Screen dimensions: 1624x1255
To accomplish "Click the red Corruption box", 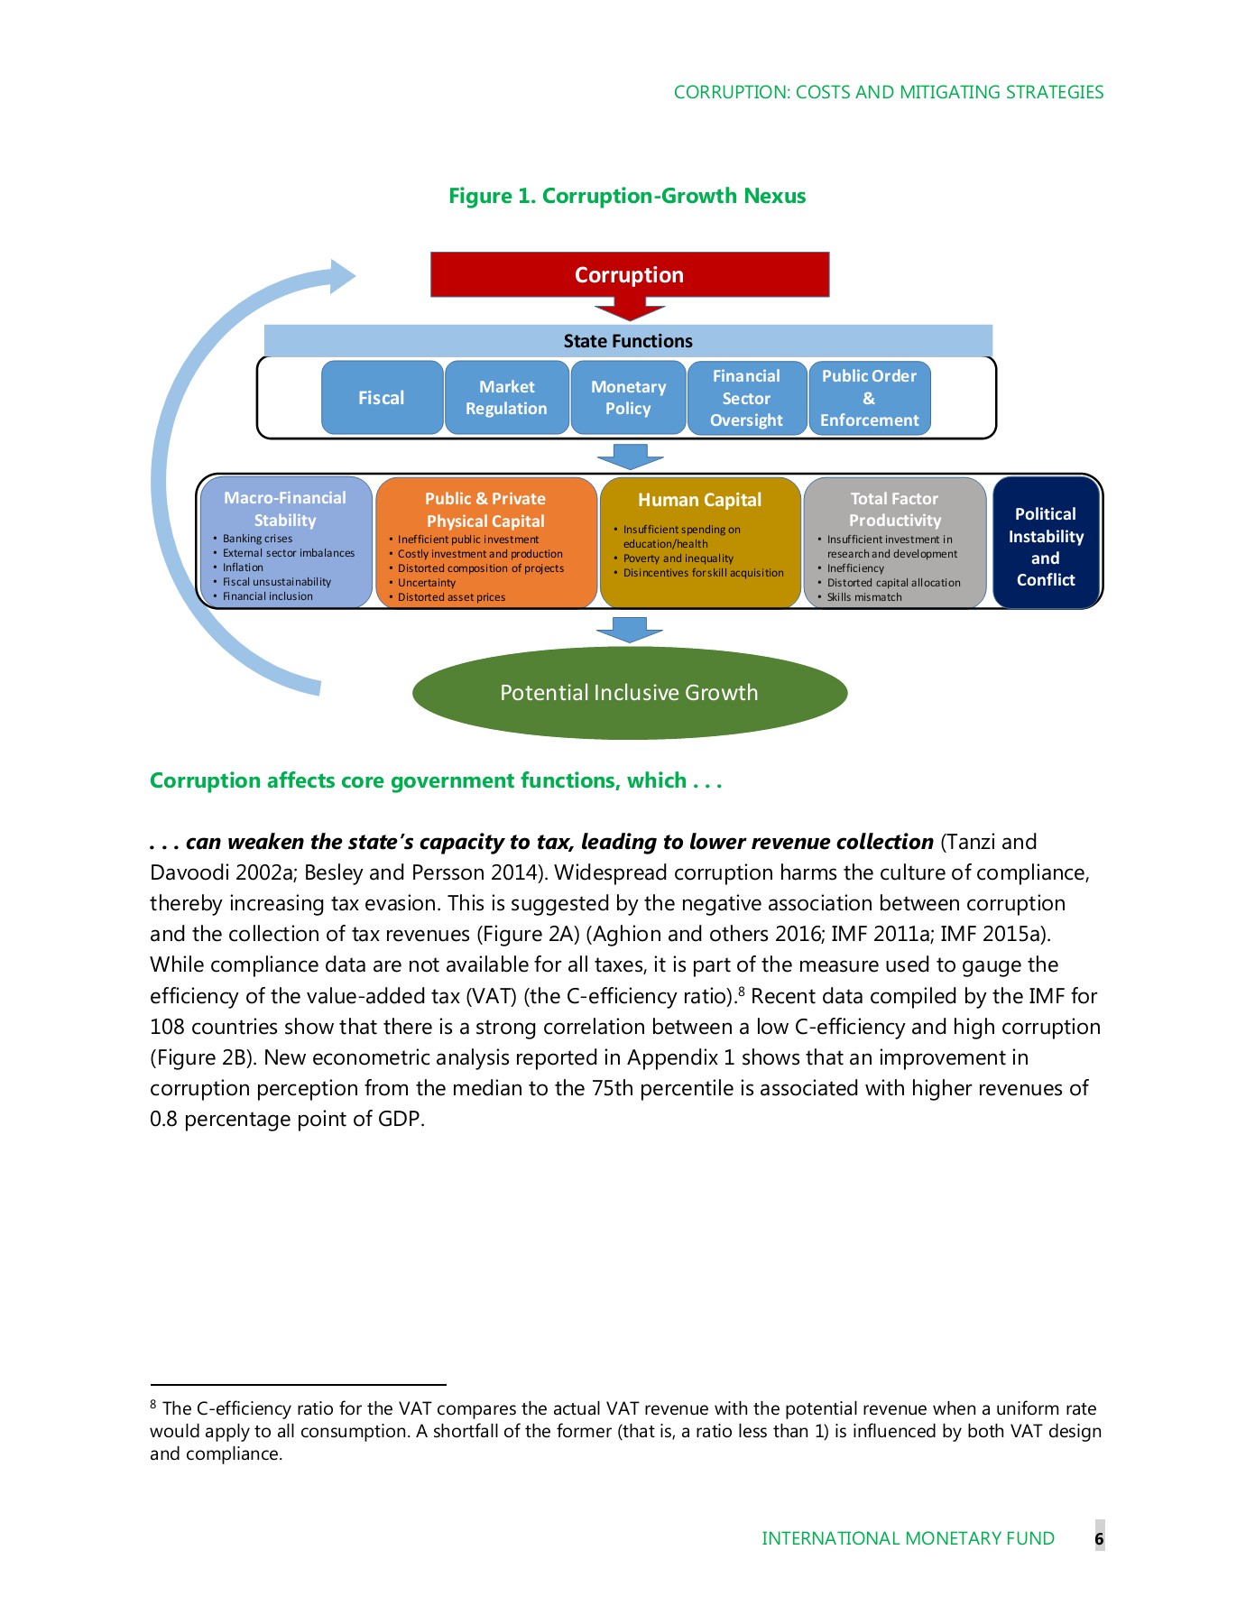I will [629, 274].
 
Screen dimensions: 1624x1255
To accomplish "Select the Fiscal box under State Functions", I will [382, 398].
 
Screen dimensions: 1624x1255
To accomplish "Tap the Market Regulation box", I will [506, 398].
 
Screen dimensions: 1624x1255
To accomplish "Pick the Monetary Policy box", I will [628, 398].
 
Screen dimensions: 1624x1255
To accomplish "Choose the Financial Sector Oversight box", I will [746, 398].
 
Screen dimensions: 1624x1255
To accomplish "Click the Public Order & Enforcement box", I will [869, 398].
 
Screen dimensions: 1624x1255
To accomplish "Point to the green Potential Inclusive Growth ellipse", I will [629, 693].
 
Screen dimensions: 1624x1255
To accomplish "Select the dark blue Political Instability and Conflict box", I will [1046, 546].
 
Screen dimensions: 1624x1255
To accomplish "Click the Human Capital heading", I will [699, 500].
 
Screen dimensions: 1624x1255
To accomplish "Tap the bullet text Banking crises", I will [257, 539].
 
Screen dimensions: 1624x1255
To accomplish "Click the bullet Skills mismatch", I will [863, 597].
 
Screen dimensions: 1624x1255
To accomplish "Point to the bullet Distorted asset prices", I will [451, 597].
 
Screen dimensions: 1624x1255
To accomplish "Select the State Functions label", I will [628, 341].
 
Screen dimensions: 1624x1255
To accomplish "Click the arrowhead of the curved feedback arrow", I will [342, 276].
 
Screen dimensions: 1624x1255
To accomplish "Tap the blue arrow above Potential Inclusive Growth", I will [629, 629].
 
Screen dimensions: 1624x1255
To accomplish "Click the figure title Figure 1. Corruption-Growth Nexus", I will [627, 196].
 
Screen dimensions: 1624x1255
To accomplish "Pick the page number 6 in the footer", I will [1099, 1538].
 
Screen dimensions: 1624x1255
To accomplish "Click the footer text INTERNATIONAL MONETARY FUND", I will [908, 1538].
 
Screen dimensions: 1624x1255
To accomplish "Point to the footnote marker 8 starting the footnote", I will [153, 1405].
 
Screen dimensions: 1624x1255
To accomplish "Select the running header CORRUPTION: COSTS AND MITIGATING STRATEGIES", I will [888, 92].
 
